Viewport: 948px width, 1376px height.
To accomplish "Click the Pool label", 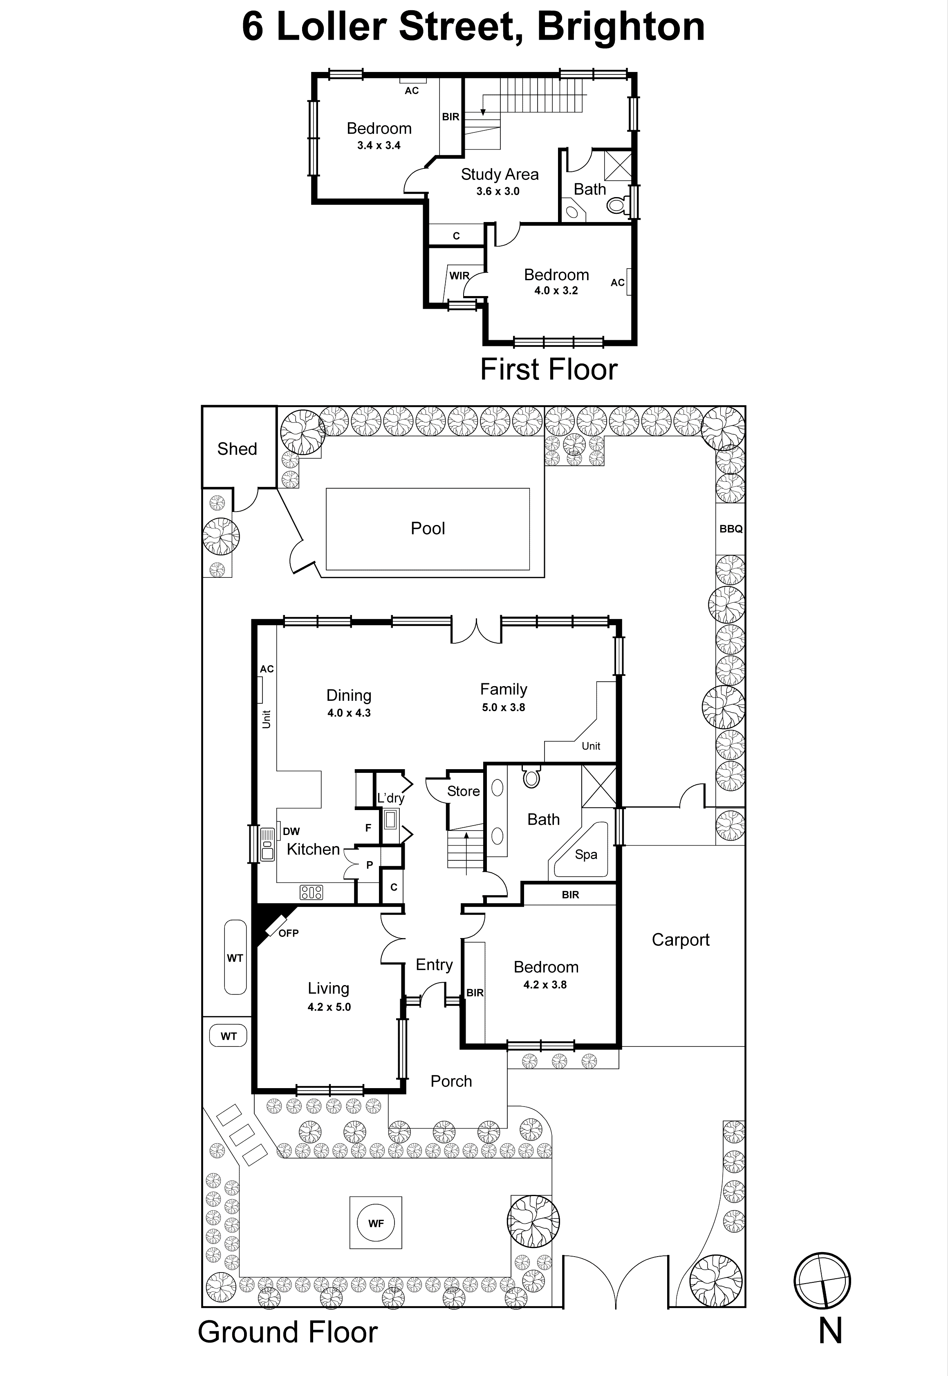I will (x=428, y=528).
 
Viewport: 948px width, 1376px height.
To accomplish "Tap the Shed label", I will (x=237, y=449).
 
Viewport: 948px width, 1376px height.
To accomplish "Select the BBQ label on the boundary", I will (x=731, y=529).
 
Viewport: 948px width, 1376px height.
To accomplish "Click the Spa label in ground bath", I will (x=586, y=854).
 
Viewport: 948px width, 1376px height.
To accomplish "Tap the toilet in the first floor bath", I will (x=616, y=205).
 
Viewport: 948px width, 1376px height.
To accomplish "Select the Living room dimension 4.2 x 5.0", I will (x=329, y=1007).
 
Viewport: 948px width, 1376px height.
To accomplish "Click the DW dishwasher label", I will (x=291, y=831).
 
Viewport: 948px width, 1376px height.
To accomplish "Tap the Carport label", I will (x=680, y=940).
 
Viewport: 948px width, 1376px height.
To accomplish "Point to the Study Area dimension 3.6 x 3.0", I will (x=498, y=191).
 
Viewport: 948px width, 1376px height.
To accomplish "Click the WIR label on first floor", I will (x=459, y=276).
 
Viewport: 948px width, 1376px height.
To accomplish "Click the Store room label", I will (x=463, y=791).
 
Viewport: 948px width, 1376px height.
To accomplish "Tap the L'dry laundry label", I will (x=391, y=798).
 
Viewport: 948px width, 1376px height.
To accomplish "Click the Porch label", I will (x=451, y=1081).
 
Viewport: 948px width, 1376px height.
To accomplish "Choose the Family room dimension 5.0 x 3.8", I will (x=503, y=707).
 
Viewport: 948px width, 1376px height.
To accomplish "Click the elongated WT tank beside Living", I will (x=235, y=957).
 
